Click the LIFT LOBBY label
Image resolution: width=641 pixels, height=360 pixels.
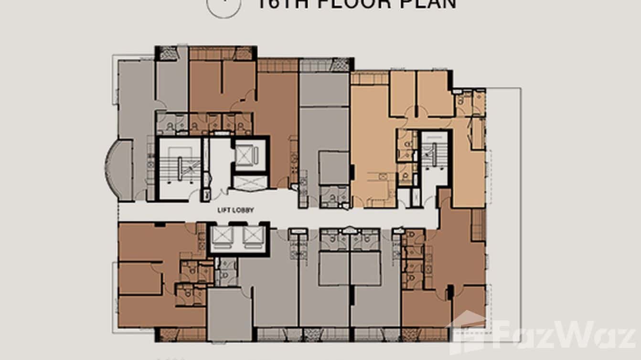pyautogui.click(x=235, y=210)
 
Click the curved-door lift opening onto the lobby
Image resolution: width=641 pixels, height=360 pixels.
pyautogui.click(x=249, y=183)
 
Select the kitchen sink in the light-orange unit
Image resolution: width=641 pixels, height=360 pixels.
pyautogui.click(x=383, y=176)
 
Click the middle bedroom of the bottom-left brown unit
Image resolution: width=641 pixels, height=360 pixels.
pyautogui.click(x=139, y=278)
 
